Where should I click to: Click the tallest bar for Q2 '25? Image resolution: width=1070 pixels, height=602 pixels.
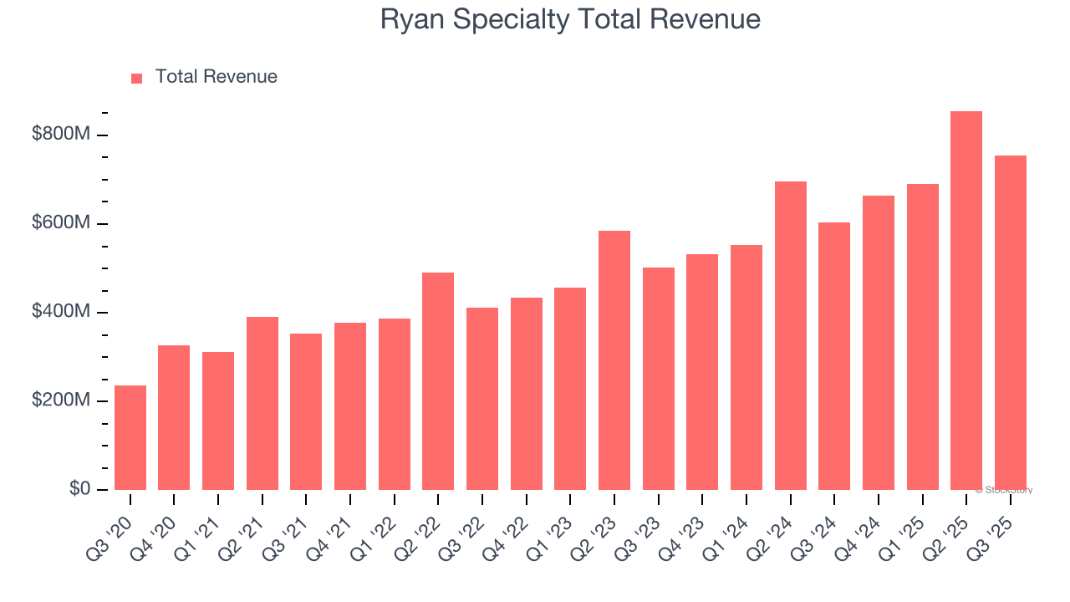pyautogui.click(x=966, y=301)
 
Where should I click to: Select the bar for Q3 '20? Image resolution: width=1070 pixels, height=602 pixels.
pyautogui.click(x=130, y=438)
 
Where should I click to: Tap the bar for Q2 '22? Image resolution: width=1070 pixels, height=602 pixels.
pyautogui.click(x=438, y=381)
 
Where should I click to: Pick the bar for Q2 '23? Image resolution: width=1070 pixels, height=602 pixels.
pyautogui.click(x=614, y=360)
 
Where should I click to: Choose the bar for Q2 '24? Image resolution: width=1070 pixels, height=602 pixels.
pyautogui.click(x=790, y=335)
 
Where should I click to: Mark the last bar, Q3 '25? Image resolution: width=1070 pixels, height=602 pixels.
pyautogui.click(x=1010, y=323)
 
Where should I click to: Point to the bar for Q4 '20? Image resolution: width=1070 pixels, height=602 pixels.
pyautogui.click(x=174, y=418)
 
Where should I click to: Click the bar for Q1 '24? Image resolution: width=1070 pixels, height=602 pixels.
pyautogui.click(x=746, y=368)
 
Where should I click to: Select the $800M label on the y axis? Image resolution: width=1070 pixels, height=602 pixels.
pyautogui.click(x=60, y=135)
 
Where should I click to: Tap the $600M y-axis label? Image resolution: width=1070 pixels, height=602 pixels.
pyautogui.click(x=60, y=223)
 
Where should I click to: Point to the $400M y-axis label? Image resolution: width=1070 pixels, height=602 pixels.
pyautogui.click(x=60, y=312)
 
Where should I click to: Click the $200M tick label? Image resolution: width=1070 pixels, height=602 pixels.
pyautogui.click(x=60, y=400)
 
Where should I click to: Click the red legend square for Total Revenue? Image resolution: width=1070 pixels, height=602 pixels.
pyautogui.click(x=137, y=79)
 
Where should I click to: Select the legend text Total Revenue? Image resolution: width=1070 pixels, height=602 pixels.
pyautogui.click(x=216, y=77)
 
